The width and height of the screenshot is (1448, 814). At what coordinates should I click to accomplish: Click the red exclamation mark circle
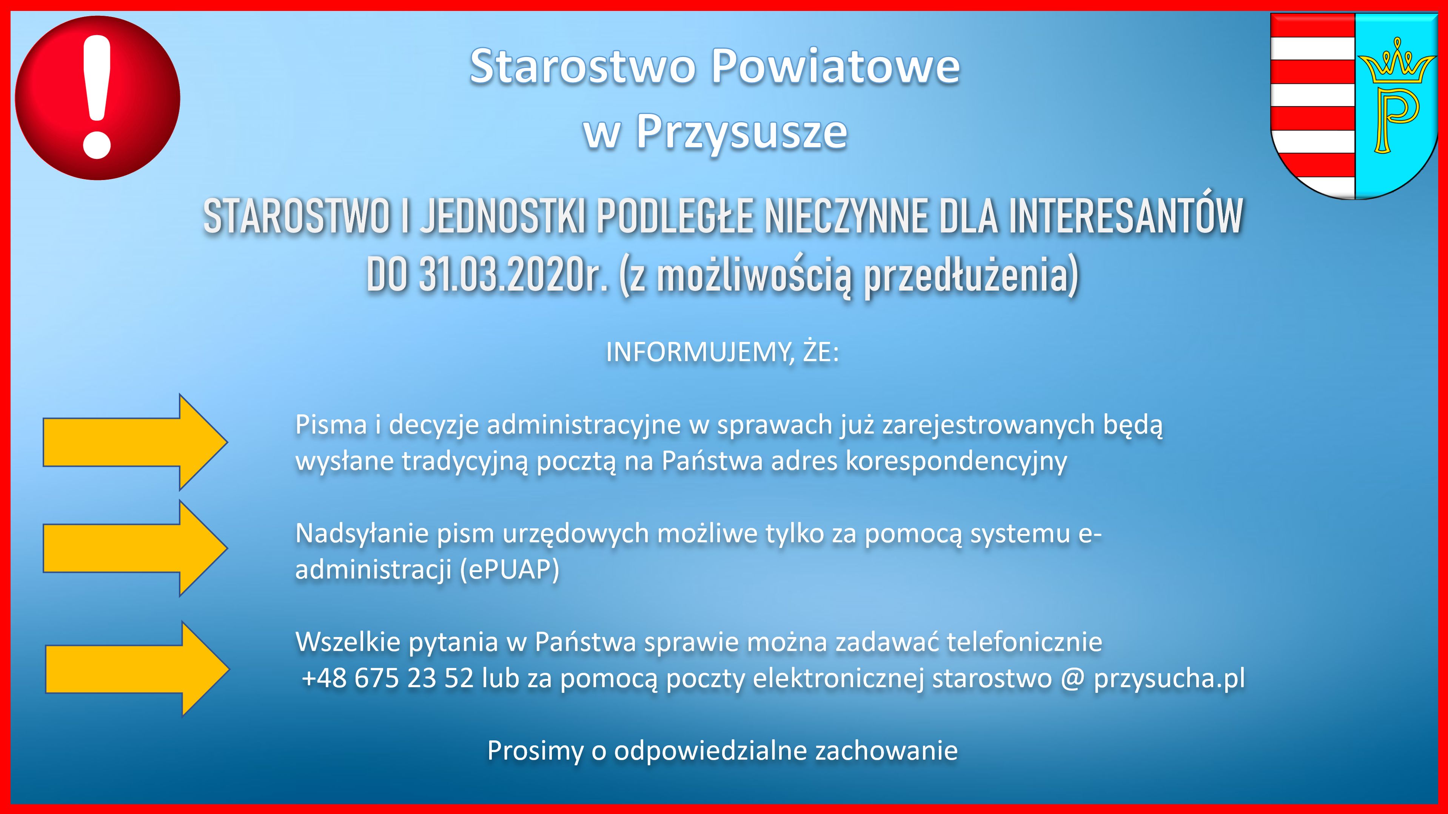coord(98,98)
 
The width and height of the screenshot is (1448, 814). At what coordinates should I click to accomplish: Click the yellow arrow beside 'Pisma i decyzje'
coord(136,442)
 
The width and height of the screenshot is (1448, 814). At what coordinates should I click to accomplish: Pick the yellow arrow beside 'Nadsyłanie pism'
coord(136,548)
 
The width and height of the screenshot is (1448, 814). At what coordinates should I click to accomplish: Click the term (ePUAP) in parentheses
coord(510,570)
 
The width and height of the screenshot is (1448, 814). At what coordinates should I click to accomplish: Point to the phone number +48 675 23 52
coord(387,678)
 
